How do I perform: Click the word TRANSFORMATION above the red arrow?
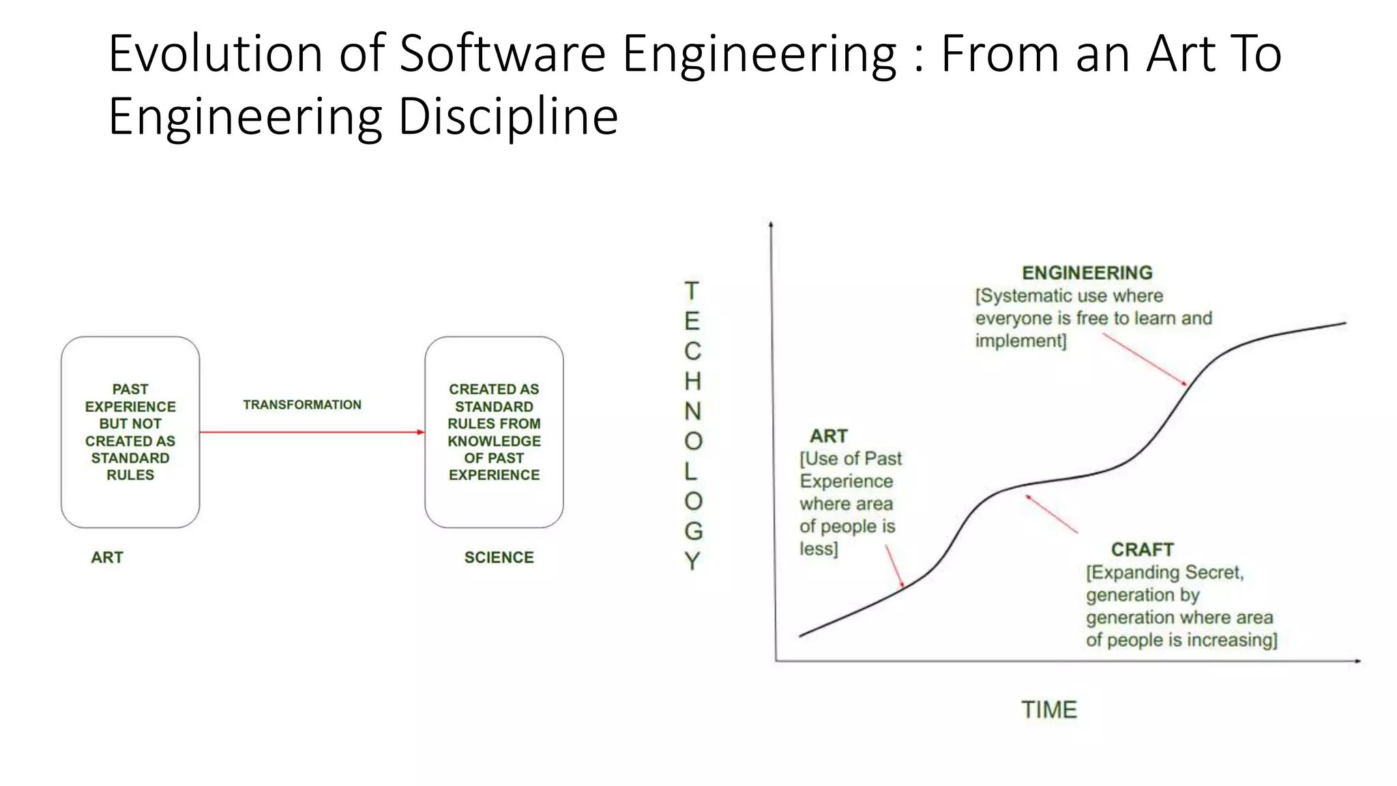(x=302, y=405)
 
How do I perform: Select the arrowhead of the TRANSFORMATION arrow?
(x=420, y=432)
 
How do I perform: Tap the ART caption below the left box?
(x=107, y=557)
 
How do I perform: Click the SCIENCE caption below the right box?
(x=499, y=557)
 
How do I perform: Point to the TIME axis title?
(x=1048, y=710)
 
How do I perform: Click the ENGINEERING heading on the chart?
(x=1087, y=273)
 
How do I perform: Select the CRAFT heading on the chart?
(x=1142, y=549)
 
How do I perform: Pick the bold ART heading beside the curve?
(x=828, y=436)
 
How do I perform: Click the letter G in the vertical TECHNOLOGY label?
(x=693, y=531)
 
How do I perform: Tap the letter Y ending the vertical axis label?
(x=693, y=561)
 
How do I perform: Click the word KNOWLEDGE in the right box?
(x=494, y=441)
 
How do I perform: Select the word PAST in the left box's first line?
(x=130, y=389)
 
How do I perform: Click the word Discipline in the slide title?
(x=508, y=116)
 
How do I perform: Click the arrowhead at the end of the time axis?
(x=1357, y=660)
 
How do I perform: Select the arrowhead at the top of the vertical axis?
(x=771, y=224)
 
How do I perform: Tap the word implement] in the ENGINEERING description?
(x=1020, y=340)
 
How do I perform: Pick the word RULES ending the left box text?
(x=130, y=475)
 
